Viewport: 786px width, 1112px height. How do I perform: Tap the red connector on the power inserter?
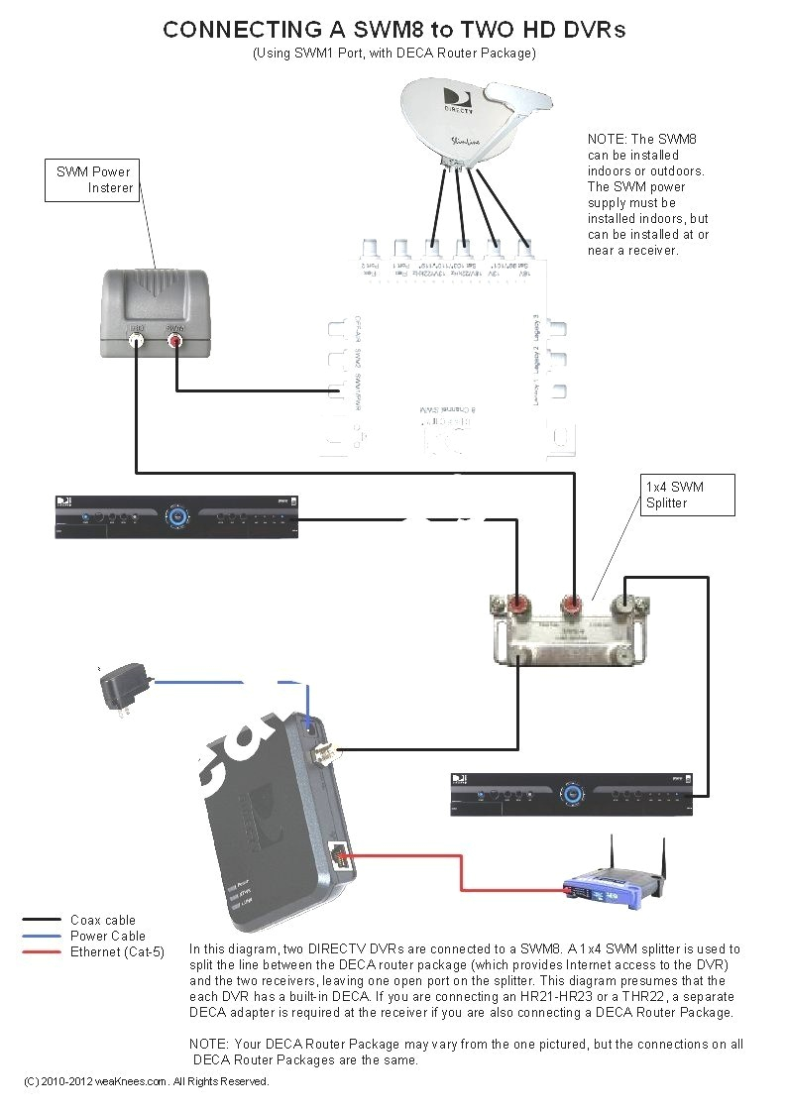point(176,342)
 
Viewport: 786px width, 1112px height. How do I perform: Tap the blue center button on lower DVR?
point(570,794)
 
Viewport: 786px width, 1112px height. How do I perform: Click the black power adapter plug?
point(123,687)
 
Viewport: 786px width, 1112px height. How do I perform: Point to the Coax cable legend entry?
point(102,920)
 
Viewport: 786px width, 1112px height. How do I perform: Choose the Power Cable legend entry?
point(107,936)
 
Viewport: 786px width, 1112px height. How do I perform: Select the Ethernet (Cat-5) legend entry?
point(117,951)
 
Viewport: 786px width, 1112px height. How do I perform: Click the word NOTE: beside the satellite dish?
point(607,140)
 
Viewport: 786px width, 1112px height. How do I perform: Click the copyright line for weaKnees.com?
point(147,1081)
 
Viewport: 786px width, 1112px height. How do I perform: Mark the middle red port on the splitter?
point(571,604)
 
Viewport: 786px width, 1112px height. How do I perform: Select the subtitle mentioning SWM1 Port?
point(393,54)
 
